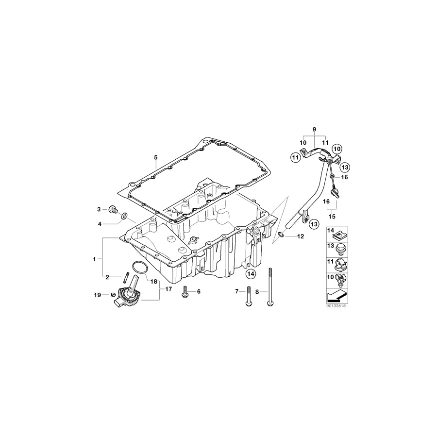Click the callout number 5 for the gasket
pyautogui.click(x=155, y=157)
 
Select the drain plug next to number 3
pyautogui.click(x=113, y=209)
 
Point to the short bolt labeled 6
pyautogui.click(x=185, y=292)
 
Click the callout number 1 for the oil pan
pyautogui.click(x=95, y=259)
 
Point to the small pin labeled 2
pyautogui.click(x=125, y=277)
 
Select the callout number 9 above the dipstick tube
pyautogui.click(x=314, y=130)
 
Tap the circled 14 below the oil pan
pyautogui.click(x=250, y=275)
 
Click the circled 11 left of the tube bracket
pyautogui.click(x=295, y=157)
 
